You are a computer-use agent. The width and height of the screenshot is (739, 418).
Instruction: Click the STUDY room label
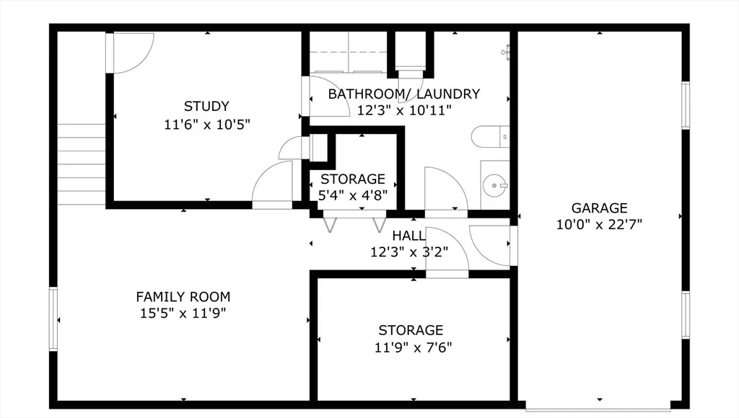point(206,106)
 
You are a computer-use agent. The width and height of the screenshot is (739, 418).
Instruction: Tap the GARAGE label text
point(599,208)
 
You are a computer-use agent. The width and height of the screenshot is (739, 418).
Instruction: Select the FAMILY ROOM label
point(183,297)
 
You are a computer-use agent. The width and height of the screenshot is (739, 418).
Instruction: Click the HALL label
point(408,236)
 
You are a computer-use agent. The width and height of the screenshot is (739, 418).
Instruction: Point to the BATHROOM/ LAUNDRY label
point(404,94)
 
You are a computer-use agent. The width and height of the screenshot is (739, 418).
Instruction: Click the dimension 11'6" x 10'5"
point(207,125)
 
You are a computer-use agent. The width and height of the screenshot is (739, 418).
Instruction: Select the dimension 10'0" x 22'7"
point(599,225)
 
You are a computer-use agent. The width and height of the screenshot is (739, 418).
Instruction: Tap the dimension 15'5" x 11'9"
point(183,313)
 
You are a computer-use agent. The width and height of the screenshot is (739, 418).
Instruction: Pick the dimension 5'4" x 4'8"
point(353,195)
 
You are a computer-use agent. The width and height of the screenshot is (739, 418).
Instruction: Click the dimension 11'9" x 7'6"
point(414,347)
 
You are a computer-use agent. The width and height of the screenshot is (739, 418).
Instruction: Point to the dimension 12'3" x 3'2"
point(409,252)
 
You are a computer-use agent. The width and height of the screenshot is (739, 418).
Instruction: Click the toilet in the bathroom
point(490,137)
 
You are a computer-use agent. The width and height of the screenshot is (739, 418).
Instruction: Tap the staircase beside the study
point(81,164)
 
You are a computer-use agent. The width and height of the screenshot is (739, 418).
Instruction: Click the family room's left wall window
point(53,319)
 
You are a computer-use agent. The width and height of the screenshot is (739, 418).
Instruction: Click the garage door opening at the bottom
point(598,406)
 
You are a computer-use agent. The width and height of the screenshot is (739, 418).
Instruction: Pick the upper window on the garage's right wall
point(686,105)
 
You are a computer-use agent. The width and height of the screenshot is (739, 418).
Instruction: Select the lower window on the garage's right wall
point(686,314)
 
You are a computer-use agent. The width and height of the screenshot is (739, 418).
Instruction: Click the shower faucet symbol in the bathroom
point(506,51)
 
